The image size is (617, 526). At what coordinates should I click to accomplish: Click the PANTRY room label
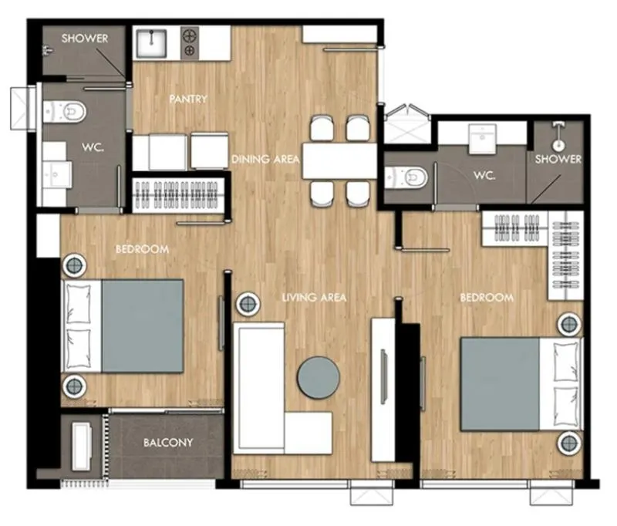pos(188,99)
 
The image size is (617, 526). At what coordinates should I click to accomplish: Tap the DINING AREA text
pos(265,160)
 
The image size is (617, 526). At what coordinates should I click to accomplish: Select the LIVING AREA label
pos(314,298)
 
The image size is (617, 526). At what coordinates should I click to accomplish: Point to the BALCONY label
pos(168,443)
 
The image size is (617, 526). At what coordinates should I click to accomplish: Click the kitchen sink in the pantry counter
pos(151,43)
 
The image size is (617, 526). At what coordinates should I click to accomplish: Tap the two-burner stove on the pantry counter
pos(190,43)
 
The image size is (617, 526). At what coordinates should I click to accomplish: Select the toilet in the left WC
pos(65,112)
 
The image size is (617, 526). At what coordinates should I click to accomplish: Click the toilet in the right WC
pos(406,178)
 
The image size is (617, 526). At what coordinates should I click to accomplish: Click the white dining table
pos(339,161)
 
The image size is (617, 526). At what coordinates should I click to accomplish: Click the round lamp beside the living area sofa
pos(248,303)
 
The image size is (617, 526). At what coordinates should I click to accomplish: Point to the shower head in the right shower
pos(558,144)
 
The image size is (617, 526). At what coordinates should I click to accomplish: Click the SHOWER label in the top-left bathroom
pos(85,39)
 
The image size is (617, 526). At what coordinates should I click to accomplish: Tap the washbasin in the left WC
pos(57,174)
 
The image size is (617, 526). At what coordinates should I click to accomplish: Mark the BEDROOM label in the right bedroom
pos(487,298)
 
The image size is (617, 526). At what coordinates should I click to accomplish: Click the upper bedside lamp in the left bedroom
pos(74,266)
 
